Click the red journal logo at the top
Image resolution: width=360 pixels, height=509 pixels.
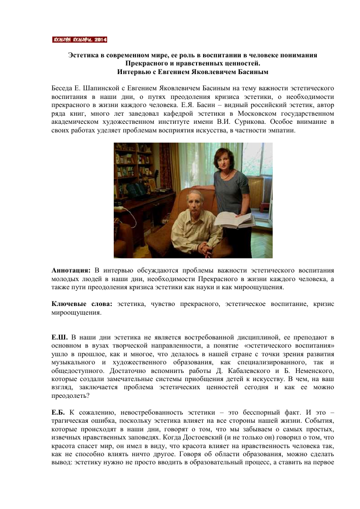click(x=80, y=40)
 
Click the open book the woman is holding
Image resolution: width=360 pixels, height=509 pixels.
click(x=233, y=220)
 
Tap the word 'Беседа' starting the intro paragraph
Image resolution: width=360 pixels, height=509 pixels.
click(x=64, y=89)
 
